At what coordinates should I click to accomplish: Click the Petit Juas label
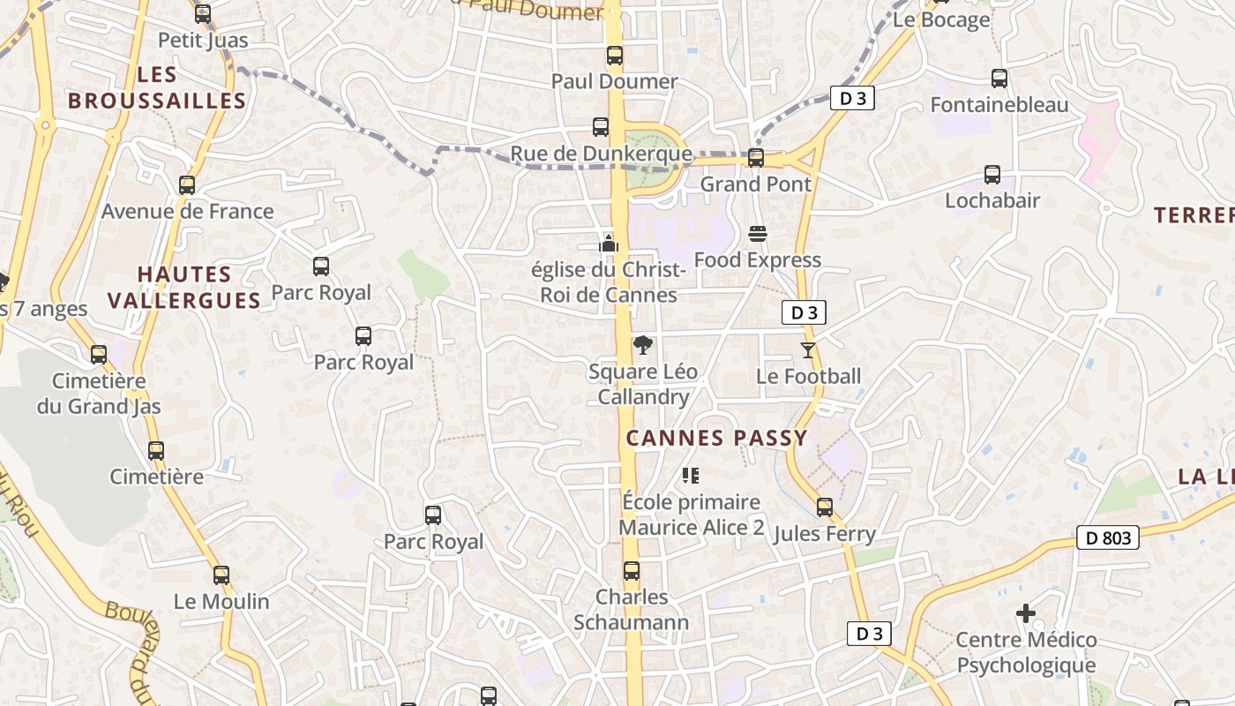tap(203, 40)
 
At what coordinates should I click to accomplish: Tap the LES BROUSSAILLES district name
tap(157, 87)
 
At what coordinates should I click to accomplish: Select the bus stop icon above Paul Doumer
tap(615, 56)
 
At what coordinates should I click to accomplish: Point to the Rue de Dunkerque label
tap(601, 154)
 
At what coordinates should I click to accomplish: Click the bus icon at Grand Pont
tap(756, 158)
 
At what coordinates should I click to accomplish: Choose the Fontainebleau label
tap(999, 105)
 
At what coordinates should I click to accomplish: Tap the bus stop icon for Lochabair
tap(992, 175)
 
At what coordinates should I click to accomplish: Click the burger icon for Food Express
tap(757, 234)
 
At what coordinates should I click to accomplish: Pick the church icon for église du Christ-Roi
tap(609, 244)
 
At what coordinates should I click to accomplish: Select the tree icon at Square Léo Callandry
tap(643, 345)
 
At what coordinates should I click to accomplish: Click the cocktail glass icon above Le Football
tap(808, 350)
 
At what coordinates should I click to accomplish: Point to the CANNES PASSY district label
tap(716, 438)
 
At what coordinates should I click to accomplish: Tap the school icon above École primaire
tap(691, 476)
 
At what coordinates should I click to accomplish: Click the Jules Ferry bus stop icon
tap(825, 507)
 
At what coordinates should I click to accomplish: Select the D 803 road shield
tap(1108, 537)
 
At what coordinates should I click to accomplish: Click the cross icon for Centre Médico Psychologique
tap(1026, 612)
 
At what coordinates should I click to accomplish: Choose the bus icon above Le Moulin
tap(221, 575)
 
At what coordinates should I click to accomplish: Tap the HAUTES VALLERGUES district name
tap(184, 288)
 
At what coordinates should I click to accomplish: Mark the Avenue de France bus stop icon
tap(187, 185)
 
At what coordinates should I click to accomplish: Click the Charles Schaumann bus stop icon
tap(632, 571)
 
